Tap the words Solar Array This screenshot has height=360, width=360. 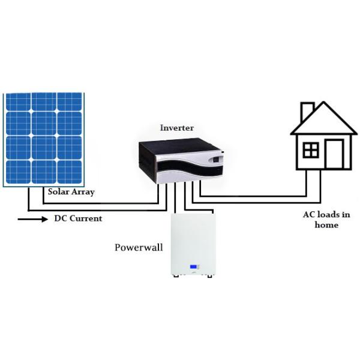[x=71, y=192]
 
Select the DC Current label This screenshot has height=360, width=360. [x=78, y=218]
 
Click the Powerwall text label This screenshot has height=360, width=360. [x=139, y=247]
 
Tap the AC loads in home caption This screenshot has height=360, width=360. [x=326, y=220]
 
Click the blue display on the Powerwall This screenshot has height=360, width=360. [x=194, y=267]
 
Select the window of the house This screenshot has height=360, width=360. [x=311, y=149]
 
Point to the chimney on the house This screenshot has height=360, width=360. [x=307, y=111]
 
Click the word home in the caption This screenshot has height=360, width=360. [x=326, y=225]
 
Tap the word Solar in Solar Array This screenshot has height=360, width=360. [x=59, y=192]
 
